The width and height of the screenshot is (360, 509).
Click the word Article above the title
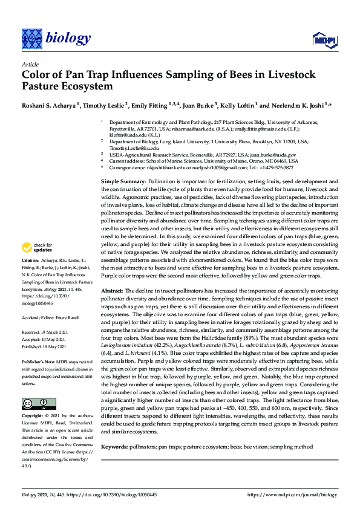point(30,63)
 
